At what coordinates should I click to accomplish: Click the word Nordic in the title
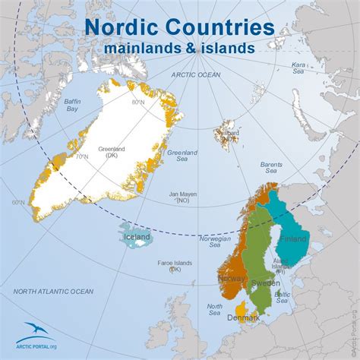point(121,27)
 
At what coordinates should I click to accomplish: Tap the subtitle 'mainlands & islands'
point(179,48)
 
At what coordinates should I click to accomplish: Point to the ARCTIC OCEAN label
point(196,74)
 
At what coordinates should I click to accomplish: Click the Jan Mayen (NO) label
point(182,197)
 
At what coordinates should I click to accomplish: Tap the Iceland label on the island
point(137,237)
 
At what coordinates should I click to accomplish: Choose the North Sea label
point(214,309)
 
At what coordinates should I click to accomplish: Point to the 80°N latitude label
point(137,102)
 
